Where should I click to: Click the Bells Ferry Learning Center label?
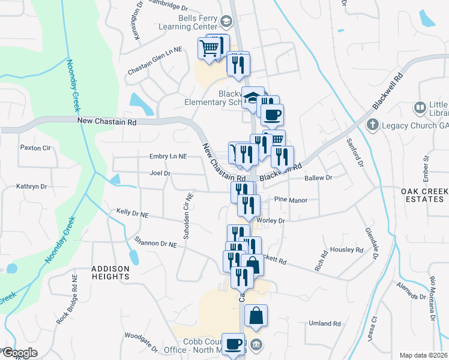(x=187, y=22)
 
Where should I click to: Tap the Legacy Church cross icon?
(x=372, y=125)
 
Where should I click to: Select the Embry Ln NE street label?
(x=168, y=157)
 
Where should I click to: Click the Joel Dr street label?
(x=160, y=173)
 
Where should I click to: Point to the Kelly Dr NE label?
(x=132, y=212)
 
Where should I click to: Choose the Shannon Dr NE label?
(x=155, y=244)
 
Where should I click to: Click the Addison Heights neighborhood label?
(x=110, y=272)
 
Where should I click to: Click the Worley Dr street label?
(x=270, y=221)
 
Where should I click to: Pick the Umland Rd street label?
(x=325, y=323)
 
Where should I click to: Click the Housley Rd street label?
(x=347, y=250)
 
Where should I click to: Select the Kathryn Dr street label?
(x=31, y=187)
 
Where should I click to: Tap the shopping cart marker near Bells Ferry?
(x=209, y=48)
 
